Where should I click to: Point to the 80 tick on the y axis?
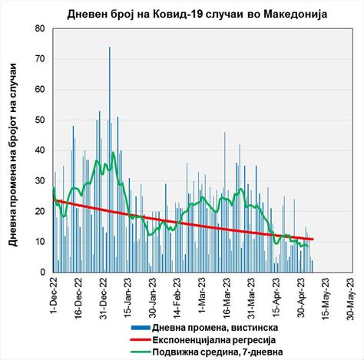(x=40, y=28)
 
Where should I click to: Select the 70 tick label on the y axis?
(x=40, y=59)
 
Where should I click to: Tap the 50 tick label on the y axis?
(x=40, y=120)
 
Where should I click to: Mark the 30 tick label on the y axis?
(x=40, y=180)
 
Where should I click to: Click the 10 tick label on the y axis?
(x=40, y=242)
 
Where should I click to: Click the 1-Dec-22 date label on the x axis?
(x=55, y=294)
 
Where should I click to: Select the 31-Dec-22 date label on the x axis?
(x=104, y=296)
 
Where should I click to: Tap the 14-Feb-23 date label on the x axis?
(x=178, y=296)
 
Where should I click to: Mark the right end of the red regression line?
(x=313, y=239)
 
